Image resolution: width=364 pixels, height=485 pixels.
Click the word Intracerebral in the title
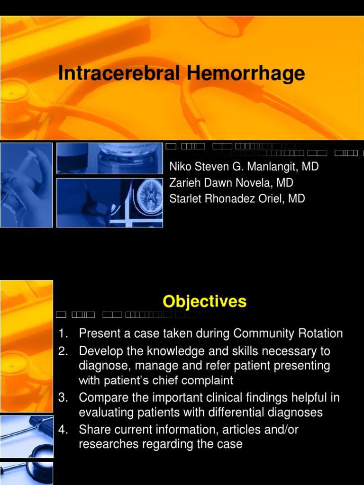tap(119, 74)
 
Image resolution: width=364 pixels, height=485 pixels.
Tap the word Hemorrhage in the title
tap(246, 74)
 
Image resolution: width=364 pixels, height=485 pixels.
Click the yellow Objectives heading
tap(204, 302)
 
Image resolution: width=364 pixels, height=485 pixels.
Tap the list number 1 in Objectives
tap(62, 333)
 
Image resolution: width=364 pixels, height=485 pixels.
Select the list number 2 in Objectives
tap(62, 351)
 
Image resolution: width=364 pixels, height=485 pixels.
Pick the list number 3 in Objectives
tap(62, 398)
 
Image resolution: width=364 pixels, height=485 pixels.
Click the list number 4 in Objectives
tap(62, 430)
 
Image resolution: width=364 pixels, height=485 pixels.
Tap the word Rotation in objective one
tap(320, 333)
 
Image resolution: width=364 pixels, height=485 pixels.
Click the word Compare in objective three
tap(101, 398)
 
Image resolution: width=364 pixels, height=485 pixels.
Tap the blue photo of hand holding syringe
tap(26, 185)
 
